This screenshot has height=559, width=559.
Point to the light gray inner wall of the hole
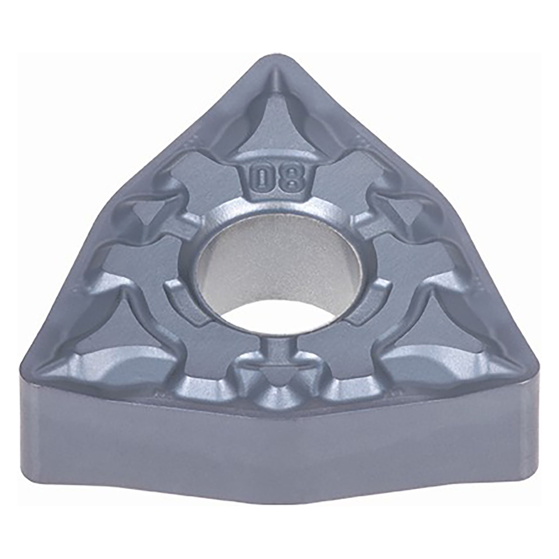click(279, 262)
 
